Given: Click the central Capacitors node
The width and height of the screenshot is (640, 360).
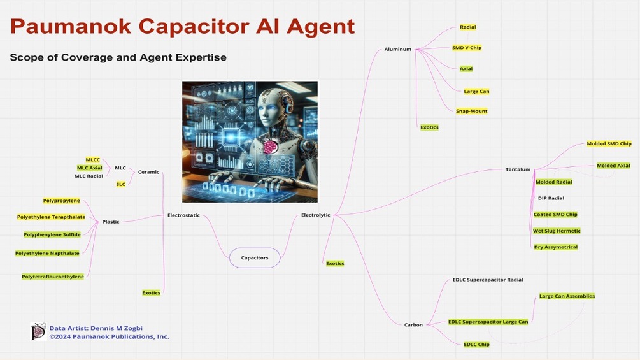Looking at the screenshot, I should click(x=255, y=257).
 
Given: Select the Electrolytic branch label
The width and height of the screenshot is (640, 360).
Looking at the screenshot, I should click(x=315, y=215).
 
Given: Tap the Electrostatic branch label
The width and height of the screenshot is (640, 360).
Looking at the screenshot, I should click(x=183, y=215).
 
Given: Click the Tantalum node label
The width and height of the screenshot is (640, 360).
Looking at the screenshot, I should click(x=517, y=169).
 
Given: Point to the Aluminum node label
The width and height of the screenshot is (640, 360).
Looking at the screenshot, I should click(x=398, y=49).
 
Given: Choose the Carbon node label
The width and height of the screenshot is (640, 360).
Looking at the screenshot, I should click(x=413, y=325).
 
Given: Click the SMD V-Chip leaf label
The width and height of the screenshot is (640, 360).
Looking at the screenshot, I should click(x=467, y=48).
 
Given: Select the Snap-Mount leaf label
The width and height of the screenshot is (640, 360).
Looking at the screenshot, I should click(x=471, y=111).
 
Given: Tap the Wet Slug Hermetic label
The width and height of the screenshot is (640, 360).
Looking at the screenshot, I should click(x=557, y=231).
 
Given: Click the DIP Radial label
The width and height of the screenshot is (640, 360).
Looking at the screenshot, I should click(x=551, y=198).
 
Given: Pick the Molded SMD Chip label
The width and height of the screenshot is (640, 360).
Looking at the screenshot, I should click(x=609, y=144).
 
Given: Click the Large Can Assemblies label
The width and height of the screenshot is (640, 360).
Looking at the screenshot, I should click(x=567, y=296).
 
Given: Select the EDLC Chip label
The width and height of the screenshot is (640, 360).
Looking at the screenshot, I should click(x=476, y=344).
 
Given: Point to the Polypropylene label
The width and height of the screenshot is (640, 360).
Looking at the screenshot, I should click(x=62, y=201).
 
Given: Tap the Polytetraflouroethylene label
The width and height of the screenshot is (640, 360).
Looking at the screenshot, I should click(x=53, y=277).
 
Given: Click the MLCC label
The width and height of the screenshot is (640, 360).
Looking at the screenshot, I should click(x=93, y=159).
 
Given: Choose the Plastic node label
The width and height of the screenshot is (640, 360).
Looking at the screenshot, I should click(x=111, y=222).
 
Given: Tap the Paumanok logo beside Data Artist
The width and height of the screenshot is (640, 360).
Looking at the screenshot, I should click(x=38, y=331).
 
